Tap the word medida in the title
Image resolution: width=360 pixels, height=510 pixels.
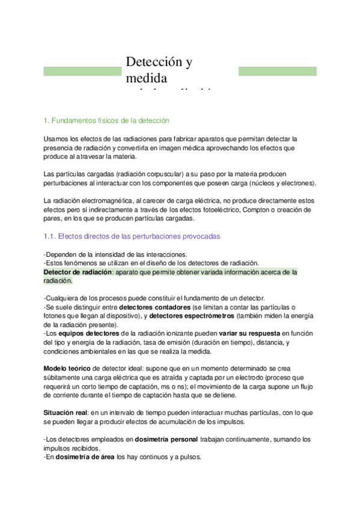pos(147,78)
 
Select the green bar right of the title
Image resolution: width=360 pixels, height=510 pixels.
pos(277,71)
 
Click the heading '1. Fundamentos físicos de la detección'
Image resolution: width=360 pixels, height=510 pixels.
pos(107,120)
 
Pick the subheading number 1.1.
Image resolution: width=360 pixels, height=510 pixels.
pos(50,237)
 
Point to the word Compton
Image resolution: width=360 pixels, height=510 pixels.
pos(261,209)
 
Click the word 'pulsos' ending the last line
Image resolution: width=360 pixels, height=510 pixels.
pos(190,456)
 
